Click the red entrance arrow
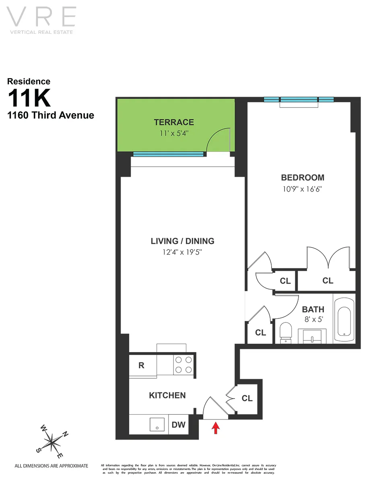[216, 427]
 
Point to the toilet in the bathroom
[285, 332]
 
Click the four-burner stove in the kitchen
[183, 365]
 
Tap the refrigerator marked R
[142, 365]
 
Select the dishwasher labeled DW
[179, 425]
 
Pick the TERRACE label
[173, 122]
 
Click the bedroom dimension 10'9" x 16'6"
[302, 188]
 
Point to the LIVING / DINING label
[182, 241]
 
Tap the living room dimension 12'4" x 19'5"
[182, 252]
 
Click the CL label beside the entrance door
[247, 398]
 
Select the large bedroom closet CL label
[328, 281]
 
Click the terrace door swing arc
[216, 141]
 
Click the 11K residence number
[29, 98]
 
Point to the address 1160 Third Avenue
[51, 116]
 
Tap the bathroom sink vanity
[312, 336]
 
